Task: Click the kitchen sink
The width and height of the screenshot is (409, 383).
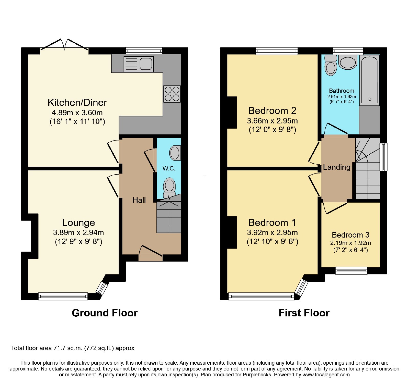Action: pos(139,64)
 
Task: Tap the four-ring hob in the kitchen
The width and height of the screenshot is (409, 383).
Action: pos(172,94)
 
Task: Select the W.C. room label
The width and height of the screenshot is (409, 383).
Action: pos(169,168)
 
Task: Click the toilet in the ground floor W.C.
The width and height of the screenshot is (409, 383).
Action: pos(169,188)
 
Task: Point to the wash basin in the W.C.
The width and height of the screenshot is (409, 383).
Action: pos(175,153)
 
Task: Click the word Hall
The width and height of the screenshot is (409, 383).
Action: pos(139,200)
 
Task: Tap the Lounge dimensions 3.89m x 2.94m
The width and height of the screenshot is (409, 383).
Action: pos(78,232)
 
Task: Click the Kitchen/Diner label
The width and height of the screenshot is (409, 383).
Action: pos(77,103)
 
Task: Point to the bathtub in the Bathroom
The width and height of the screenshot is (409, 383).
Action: pos(370,80)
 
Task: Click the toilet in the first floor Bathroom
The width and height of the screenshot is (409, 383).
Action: pos(331,66)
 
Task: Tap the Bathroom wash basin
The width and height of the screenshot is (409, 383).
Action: pos(348,62)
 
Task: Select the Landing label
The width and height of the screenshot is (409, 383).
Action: pos(337,167)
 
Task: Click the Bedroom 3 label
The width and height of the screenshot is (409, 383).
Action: pos(350,235)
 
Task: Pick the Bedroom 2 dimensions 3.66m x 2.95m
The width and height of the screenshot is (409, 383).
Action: pos(272,121)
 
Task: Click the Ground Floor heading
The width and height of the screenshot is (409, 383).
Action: pos(105,313)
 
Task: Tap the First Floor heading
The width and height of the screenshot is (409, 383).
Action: pos(304,313)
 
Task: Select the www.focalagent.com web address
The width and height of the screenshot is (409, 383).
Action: pos(326,375)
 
